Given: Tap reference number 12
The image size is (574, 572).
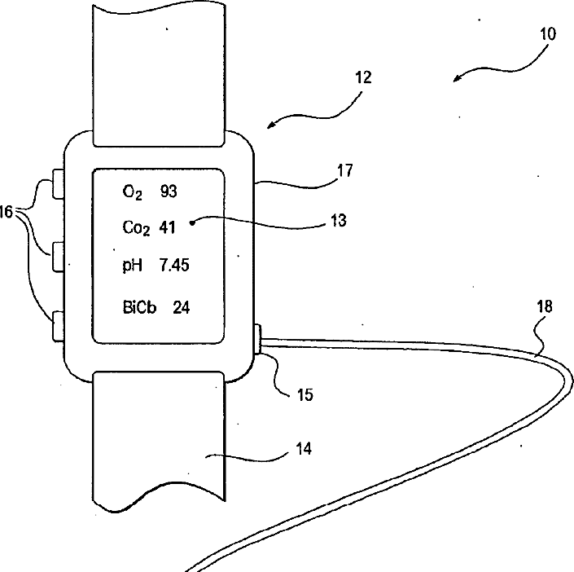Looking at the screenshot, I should coord(362,78).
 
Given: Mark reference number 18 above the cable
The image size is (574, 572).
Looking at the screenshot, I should coord(544,307).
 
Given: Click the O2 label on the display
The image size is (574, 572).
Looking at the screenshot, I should coord(133,193).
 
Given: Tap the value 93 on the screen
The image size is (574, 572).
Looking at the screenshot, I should coord(169,191).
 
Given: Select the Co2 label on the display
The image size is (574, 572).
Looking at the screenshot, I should coord(136,229).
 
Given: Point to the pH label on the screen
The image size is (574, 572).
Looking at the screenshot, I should coord(133,266).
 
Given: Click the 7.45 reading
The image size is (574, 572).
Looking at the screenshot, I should coord(175,265).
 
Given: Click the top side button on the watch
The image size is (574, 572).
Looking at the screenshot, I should coord(59,184).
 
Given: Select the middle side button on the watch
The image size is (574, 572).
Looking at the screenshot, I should coord(59,257).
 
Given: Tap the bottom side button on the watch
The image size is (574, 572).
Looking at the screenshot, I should coord(59,326).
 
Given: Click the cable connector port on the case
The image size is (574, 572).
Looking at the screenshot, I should coord(258,339).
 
